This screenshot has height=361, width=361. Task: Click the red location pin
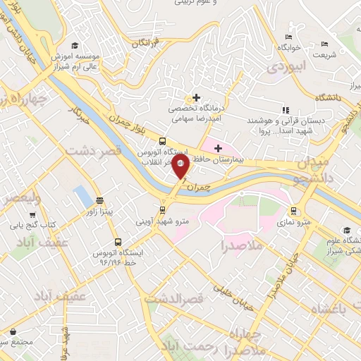[181, 168]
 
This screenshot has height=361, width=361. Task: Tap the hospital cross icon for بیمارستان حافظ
[218, 148]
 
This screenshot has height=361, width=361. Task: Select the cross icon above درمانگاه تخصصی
[196, 97]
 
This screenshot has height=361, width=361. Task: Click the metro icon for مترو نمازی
[293, 211]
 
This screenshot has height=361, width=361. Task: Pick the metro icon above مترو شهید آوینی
[163, 209]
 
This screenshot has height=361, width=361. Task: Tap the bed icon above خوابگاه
[288, 37]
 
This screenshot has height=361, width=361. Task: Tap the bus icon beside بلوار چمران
[163, 140]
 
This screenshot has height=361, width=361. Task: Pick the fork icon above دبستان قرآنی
[286, 110]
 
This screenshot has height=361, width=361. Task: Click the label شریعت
[325, 54]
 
